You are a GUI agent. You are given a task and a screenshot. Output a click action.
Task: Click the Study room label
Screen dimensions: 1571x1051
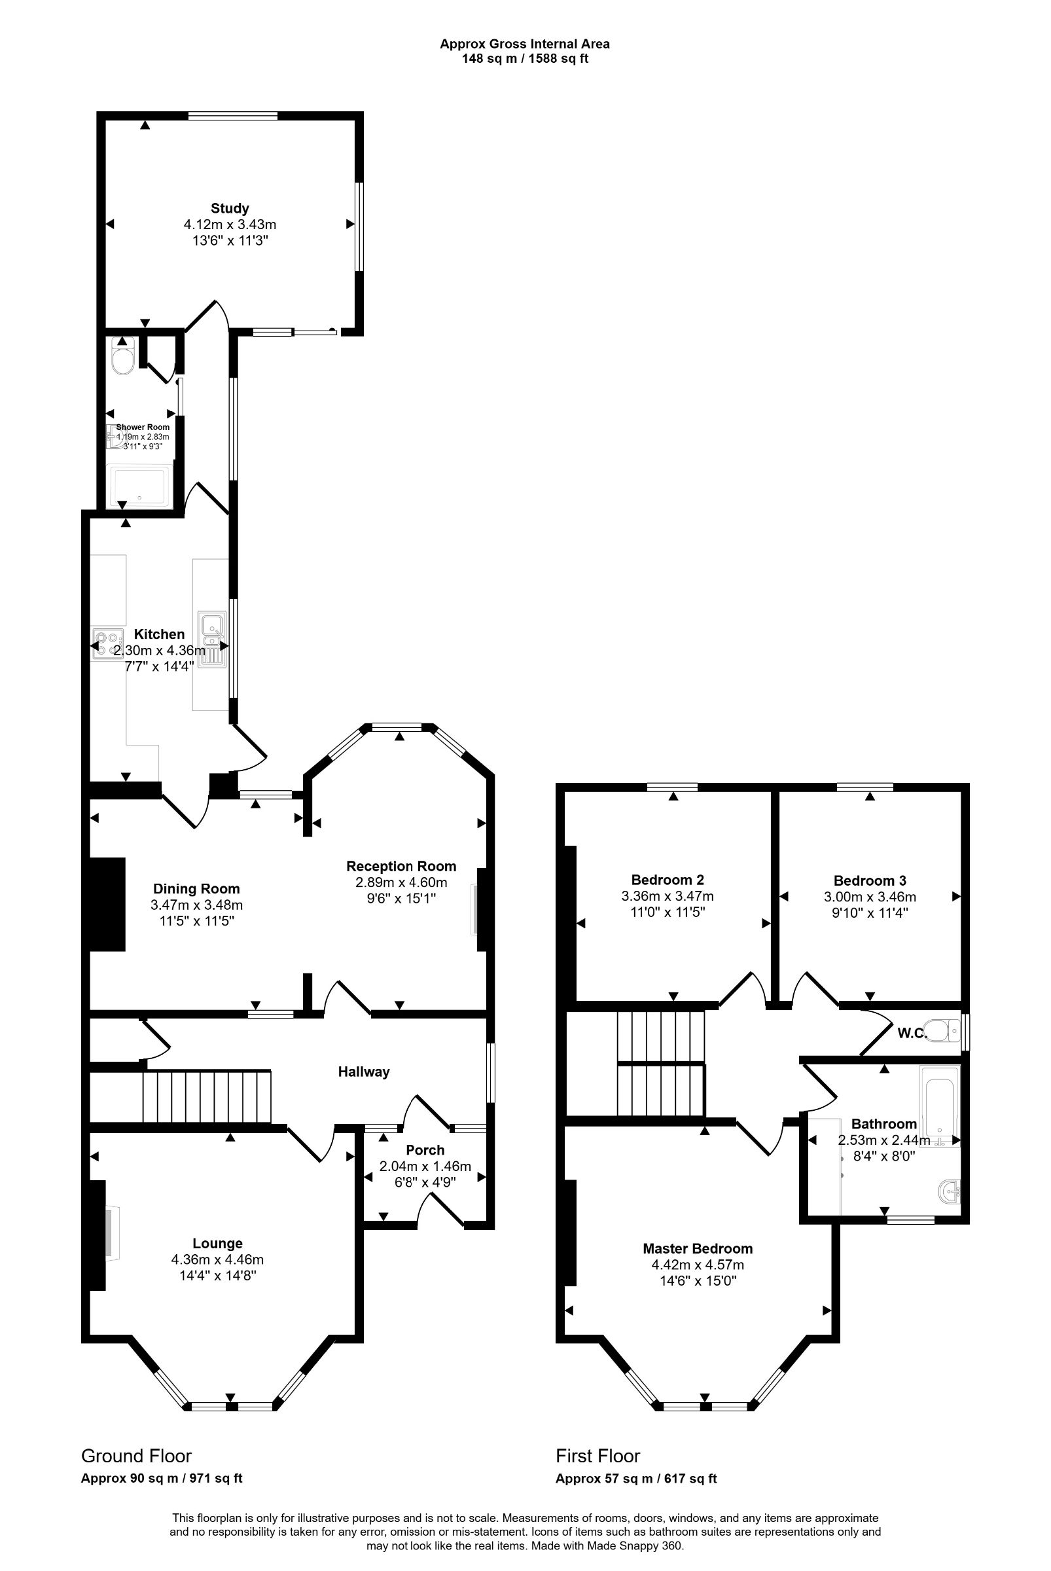(229, 208)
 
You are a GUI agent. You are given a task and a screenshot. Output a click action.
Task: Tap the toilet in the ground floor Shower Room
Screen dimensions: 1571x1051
(122, 359)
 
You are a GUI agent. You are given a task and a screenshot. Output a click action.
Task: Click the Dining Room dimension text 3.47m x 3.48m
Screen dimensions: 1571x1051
(196, 905)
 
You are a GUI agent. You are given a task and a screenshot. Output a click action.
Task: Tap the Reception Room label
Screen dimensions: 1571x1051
(401, 866)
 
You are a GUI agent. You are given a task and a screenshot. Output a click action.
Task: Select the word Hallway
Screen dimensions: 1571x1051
(363, 1072)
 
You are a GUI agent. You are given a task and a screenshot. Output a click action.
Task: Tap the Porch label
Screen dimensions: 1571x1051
(425, 1150)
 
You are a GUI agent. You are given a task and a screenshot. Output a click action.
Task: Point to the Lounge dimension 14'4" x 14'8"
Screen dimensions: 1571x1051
(217, 1275)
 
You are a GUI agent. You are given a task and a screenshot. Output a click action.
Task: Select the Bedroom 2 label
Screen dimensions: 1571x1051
(667, 880)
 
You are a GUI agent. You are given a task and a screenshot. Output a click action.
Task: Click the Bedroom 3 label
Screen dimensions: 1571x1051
(869, 880)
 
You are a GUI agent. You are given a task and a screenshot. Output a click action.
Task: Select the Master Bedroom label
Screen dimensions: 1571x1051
(697, 1248)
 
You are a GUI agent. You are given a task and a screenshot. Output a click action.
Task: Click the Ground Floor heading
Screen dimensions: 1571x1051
(136, 1456)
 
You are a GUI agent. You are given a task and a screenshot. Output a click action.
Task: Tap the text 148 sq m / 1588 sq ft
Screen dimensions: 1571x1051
(525, 58)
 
